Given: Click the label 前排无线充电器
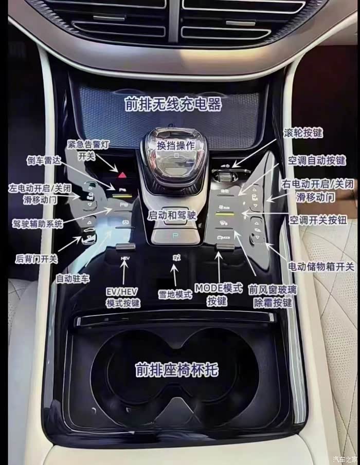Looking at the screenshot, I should click(173, 104).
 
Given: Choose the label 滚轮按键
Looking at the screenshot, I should click(303, 133).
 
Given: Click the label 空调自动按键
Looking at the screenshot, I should click(317, 161).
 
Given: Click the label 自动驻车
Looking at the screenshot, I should click(73, 278).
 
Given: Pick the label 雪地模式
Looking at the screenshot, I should click(175, 294).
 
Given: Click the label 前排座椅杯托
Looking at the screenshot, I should click(177, 369).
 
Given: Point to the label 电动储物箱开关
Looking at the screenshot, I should click(320, 266).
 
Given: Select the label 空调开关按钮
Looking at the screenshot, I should click(318, 220).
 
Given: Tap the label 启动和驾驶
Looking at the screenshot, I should click(172, 215).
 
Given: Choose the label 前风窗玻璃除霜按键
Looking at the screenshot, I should click(273, 296).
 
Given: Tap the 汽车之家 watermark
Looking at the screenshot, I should click(344, 459).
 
